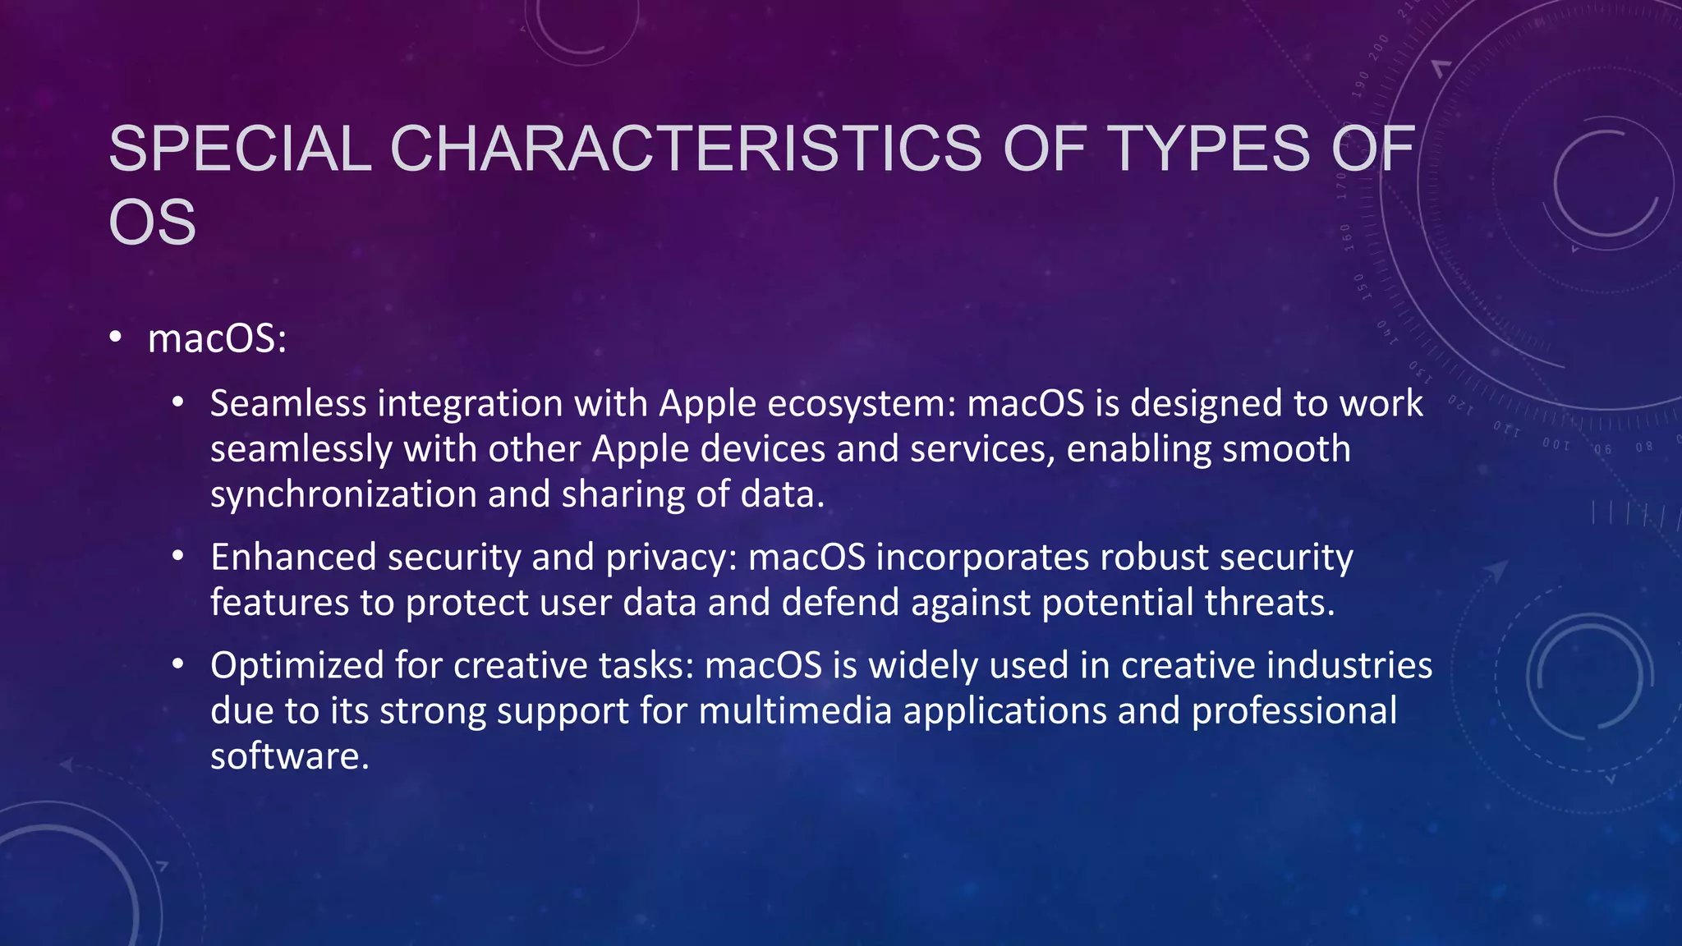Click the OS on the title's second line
(153, 223)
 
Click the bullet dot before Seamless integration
(178, 403)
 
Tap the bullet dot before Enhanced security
(178, 557)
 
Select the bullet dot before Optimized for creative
(178, 664)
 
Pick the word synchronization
(343, 494)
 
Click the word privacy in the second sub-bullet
(671, 558)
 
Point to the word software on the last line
(288, 756)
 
